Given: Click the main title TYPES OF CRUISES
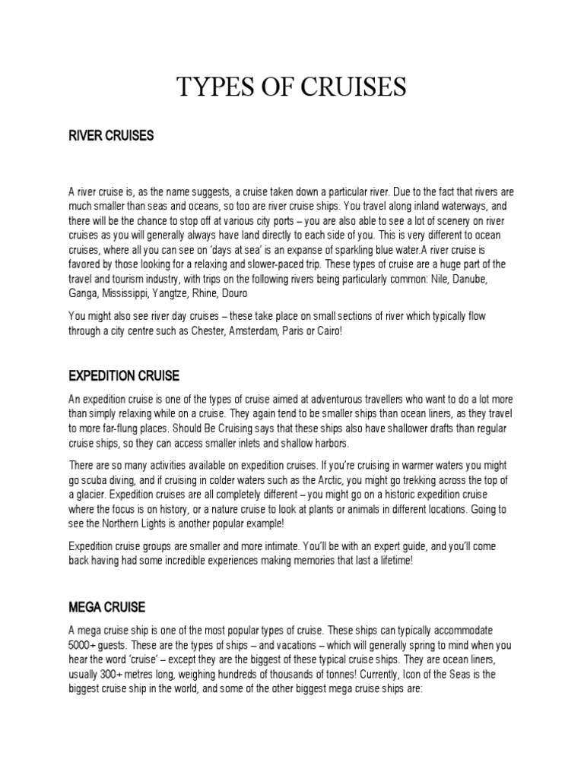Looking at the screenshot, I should (292, 88).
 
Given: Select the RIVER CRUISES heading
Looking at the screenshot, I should (111, 136).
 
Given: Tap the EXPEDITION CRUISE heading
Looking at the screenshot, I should (124, 376).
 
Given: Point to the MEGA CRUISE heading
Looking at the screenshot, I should (106, 608).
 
